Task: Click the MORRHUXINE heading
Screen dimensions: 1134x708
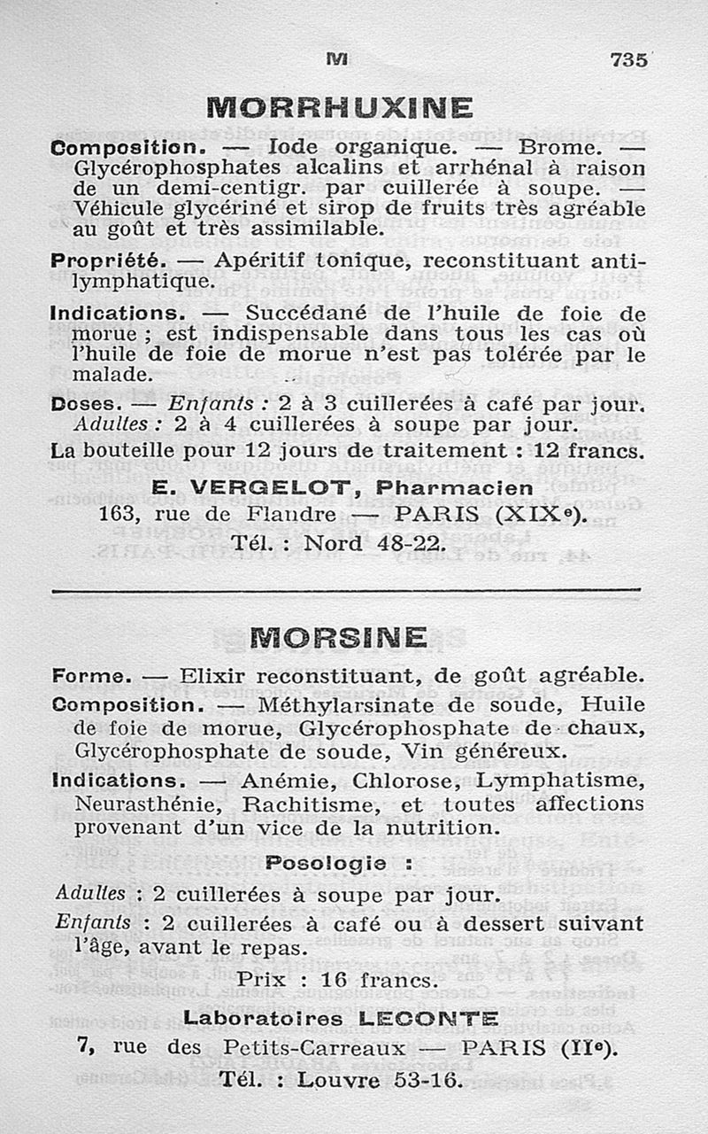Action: pos(339,108)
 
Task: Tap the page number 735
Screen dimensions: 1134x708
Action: pos(628,60)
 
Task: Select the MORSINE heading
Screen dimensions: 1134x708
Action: pos(339,637)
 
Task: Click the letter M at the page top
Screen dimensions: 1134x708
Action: pos(336,58)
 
